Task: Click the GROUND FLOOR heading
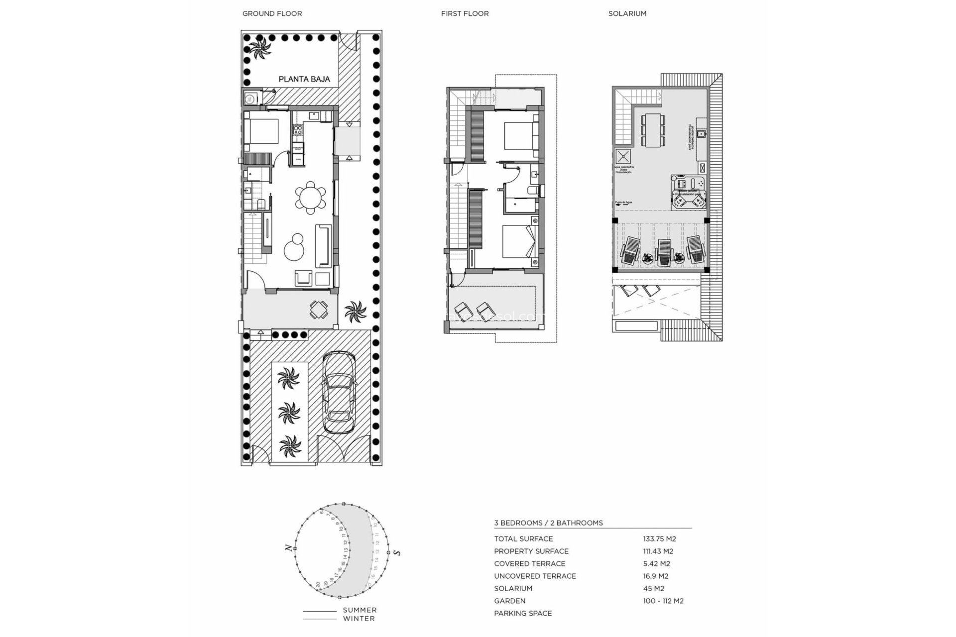[x=272, y=13]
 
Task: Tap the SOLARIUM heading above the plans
[x=627, y=13]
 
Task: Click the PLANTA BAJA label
[x=304, y=79]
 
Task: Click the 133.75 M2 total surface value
[x=659, y=538]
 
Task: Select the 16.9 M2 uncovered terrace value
[x=655, y=576]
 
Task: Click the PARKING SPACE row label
[x=523, y=613]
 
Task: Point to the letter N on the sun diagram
[x=288, y=547]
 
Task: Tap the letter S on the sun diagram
[x=397, y=552]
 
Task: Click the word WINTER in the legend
[x=358, y=619]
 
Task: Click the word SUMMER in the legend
[x=359, y=610]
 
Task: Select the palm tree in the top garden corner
[x=259, y=48]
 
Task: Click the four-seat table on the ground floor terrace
[x=319, y=310]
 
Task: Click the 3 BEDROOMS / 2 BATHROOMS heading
[x=548, y=523]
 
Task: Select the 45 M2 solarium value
[x=653, y=588]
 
